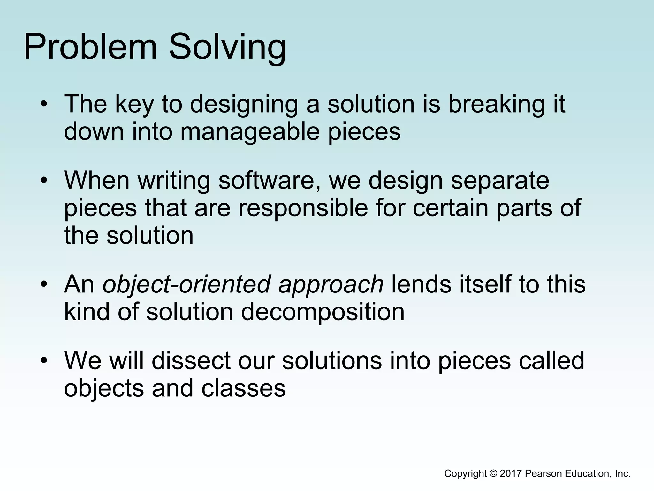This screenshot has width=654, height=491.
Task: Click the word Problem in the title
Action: coord(90,47)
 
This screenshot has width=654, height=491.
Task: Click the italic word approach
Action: coord(331,285)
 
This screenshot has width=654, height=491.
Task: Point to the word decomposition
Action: coord(323,312)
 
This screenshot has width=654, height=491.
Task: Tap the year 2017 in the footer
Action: coord(511,473)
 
